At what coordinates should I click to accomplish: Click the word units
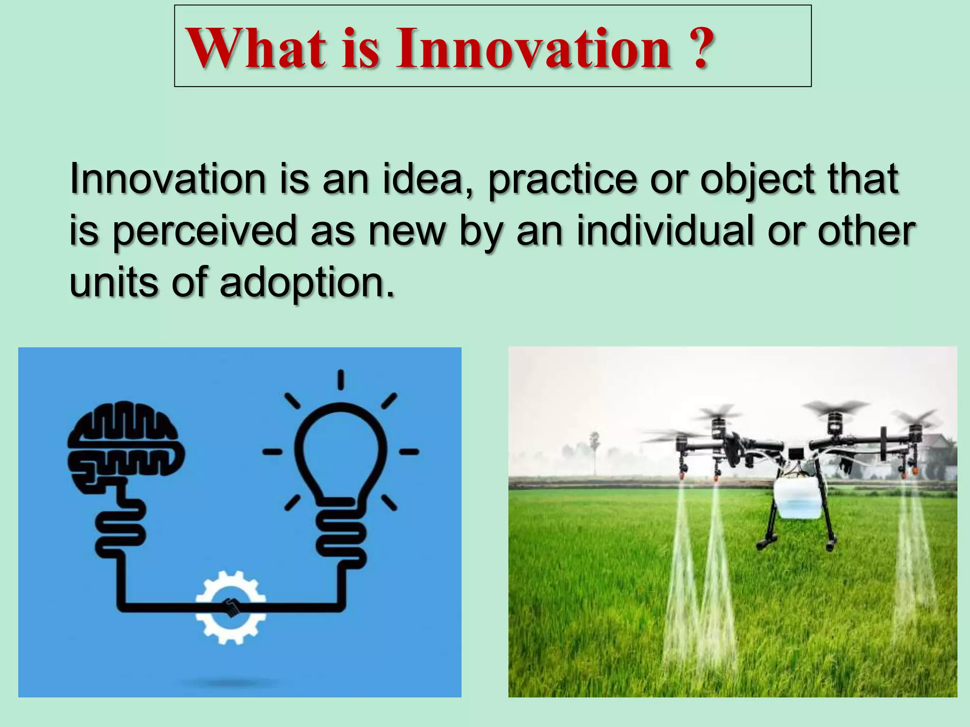pyautogui.click(x=114, y=283)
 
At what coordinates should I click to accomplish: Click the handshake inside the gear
pyautogui.click(x=231, y=608)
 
